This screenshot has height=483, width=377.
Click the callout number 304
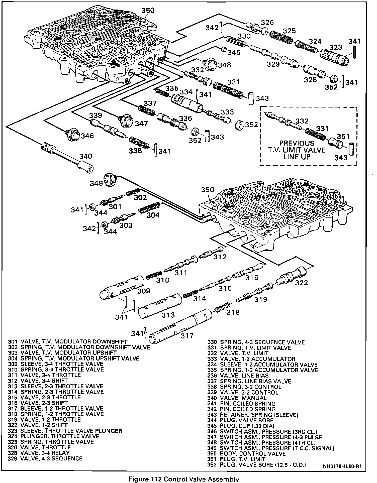[x=153, y=215]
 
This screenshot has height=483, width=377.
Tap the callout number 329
[x=273, y=64]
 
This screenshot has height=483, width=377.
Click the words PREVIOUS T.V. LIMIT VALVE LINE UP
[x=297, y=150]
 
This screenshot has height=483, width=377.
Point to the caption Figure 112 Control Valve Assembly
[x=183, y=479]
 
